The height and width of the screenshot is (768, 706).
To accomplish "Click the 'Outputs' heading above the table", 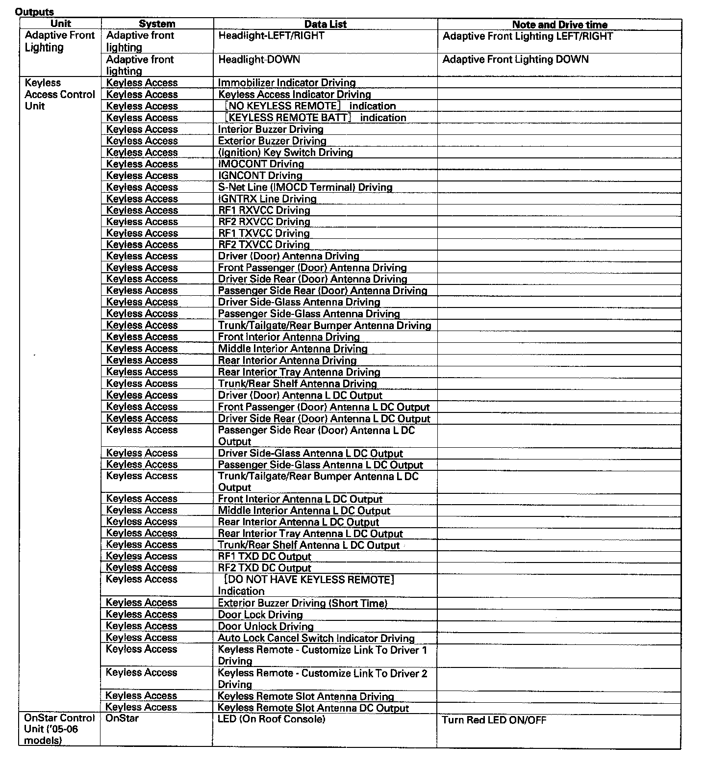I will coord(34,12).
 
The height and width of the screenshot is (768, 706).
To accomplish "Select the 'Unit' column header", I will coord(61,24).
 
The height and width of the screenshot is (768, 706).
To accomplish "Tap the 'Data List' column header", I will coord(325,24).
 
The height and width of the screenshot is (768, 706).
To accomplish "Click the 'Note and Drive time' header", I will coord(559,25).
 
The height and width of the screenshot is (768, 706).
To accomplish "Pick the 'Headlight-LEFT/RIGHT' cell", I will coord(271,36).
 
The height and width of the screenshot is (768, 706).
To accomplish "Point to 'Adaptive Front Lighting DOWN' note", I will coord(515,59).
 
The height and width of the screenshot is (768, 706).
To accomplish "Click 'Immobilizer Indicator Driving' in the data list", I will coord(287,83).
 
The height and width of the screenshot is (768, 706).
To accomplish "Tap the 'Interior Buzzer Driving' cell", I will coord(271,129).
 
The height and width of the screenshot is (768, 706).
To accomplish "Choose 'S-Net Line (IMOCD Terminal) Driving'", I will coord(305,187).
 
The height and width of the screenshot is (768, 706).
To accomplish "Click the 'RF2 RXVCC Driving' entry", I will coord(264,222).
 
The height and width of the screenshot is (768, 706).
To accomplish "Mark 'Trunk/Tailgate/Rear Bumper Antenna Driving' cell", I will coord(325,325).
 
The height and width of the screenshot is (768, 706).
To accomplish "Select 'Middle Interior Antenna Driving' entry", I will coord(293,349).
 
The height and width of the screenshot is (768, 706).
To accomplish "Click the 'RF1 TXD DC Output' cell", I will coord(264,557).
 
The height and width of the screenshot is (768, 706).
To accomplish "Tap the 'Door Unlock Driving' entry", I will coord(265,626).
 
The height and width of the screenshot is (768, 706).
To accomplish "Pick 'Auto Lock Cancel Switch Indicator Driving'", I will coord(316,638).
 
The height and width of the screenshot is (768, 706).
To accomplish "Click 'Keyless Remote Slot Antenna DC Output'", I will coord(313,708).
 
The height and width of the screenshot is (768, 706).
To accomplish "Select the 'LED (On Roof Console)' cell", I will coord(271,719).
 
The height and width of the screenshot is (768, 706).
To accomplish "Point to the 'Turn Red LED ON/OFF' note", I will coord(494,720).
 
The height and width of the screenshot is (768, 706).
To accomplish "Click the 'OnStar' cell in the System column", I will coord(122,718).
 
